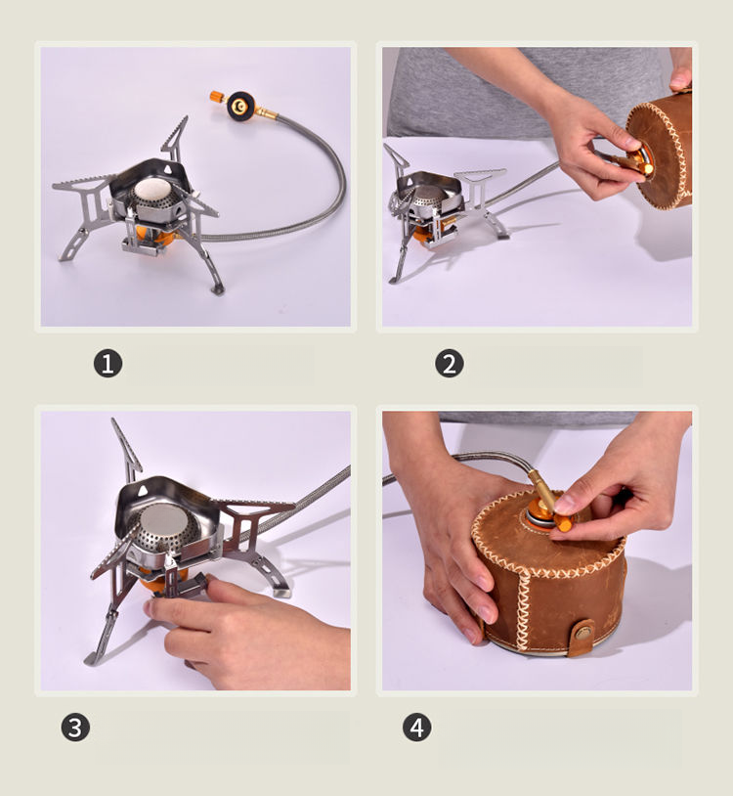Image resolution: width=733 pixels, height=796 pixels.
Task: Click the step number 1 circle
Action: [x=108, y=364]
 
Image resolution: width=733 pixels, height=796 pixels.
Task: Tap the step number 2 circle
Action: [x=450, y=364]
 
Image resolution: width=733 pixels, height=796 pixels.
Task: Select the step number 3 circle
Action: [x=75, y=727]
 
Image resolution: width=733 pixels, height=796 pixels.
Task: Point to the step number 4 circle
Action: [x=417, y=727]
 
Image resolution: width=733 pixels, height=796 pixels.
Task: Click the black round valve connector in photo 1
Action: [x=240, y=106]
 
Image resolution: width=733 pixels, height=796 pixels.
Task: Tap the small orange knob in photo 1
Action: [x=217, y=96]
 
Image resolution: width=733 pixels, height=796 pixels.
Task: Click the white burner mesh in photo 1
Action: [x=153, y=189]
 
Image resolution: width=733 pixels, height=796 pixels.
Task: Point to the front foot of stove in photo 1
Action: [x=218, y=289]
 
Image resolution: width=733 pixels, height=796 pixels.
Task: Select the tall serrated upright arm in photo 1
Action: [x=176, y=137]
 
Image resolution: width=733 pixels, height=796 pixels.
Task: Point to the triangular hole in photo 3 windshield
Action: [x=143, y=490]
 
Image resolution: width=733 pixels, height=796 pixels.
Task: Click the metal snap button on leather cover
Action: [x=583, y=632]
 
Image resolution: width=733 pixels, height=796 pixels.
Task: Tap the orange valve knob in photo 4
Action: [x=563, y=522]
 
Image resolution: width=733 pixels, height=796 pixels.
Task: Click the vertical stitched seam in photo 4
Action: [x=522, y=608]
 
